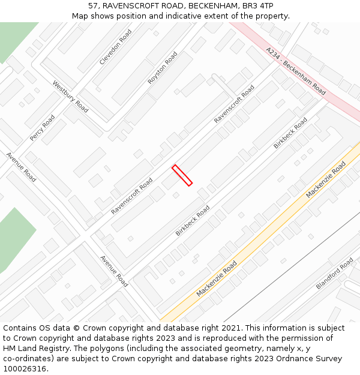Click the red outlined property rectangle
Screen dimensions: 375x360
coord(182,175)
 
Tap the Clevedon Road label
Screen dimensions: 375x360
coord(115,47)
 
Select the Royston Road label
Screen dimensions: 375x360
coord(163,68)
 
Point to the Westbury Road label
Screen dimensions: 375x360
coord(70,97)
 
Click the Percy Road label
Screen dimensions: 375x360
coord(42,128)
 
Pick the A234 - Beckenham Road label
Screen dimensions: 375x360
coord(296,71)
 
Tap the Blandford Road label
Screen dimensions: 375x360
coord(334,274)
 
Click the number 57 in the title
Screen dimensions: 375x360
coord(93,6)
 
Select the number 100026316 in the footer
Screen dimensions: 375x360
coord(24,369)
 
